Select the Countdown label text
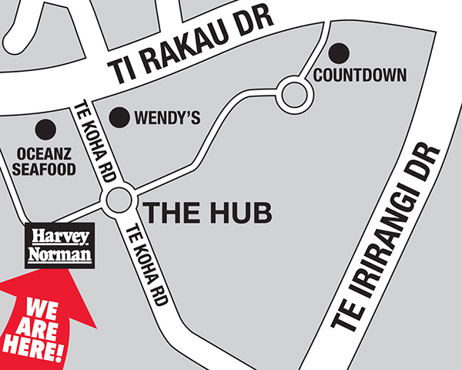(360, 76)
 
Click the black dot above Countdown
(339, 53)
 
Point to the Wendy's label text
(167, 118)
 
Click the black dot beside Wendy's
(119, 117)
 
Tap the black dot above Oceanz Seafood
(48, 129)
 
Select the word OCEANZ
(45, 153)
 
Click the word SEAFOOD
(45, 168)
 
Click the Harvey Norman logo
(59, 245)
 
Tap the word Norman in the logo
(59, 254)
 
